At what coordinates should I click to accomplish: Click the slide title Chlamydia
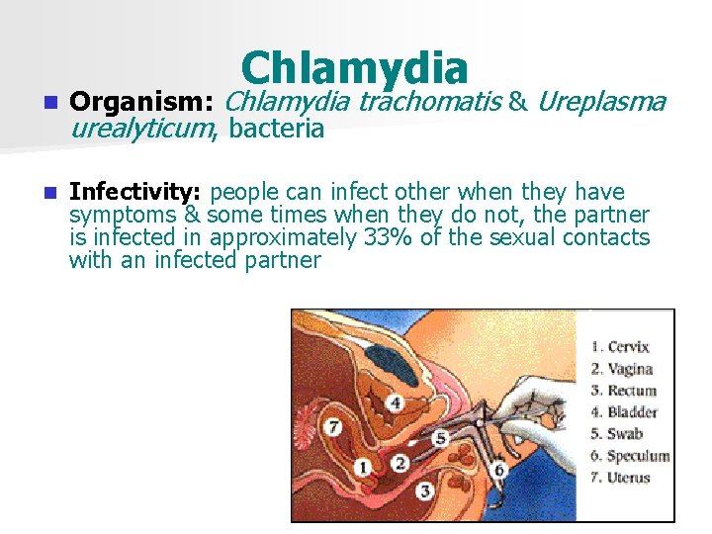(354, 68)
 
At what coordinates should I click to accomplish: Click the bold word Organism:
(145, 102)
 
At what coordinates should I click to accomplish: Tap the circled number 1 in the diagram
(362, 466)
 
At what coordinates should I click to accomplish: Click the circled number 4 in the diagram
(396, 403)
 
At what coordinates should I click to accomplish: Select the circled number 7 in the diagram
(333, 427)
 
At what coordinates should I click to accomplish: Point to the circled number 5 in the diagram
(440, 437)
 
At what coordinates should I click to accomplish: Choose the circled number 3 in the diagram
(425, 490)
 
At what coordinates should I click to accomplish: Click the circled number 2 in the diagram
(400, 463)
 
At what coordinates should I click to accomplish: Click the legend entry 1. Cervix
(620, 347)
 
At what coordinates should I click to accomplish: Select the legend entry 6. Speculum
(630, 456)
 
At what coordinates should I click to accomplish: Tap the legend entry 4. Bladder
(624, 412)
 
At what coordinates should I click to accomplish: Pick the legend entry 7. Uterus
(621, 478)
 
